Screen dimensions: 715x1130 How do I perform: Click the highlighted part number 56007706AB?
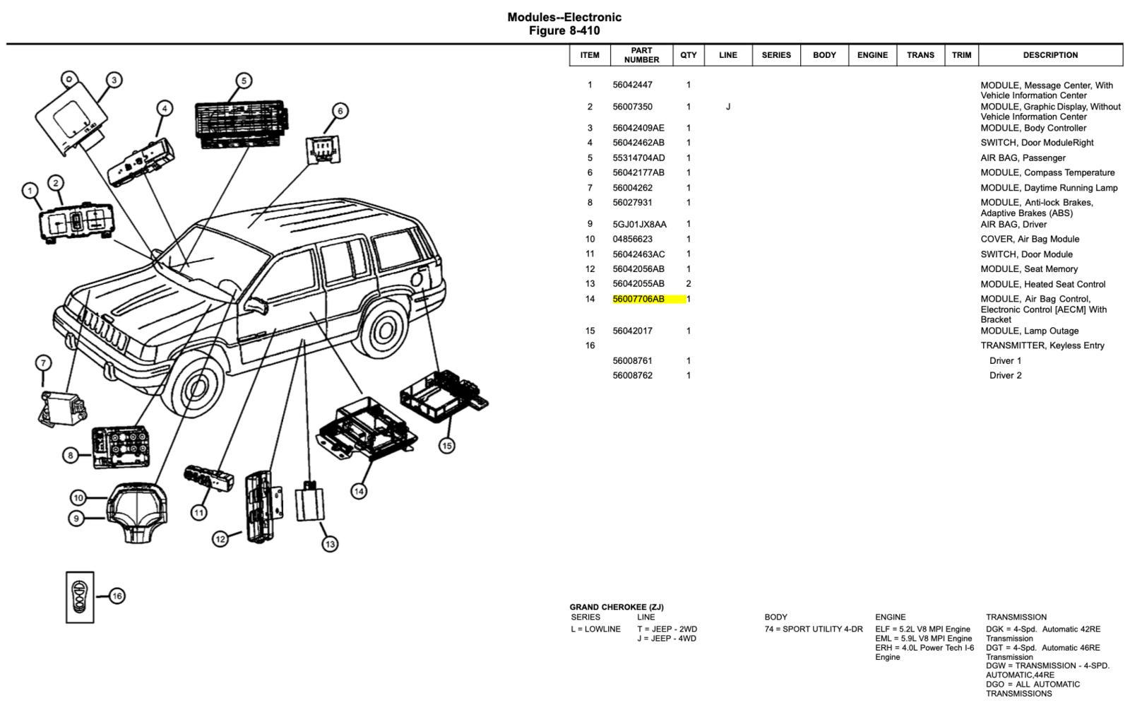pos(638,299)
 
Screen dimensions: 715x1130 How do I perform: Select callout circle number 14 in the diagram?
pos(359,491)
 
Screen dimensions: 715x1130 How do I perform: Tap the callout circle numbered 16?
pos(117,596)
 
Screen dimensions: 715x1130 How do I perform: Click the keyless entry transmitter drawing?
pos(80,597)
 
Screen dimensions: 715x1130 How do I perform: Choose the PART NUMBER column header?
pos(641,55)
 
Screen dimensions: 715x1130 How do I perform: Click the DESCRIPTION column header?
pos(1050,55)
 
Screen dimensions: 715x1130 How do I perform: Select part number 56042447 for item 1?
pos(632,85)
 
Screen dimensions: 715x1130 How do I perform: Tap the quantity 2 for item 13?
pos(689,284)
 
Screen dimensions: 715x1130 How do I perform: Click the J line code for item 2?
pos(728,107)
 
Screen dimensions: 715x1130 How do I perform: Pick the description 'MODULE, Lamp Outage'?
pos(1029,331)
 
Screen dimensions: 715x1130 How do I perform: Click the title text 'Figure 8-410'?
pos(564,31)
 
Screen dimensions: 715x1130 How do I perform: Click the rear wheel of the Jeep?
pos(386,328)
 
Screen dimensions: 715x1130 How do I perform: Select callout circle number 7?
pos(43,363)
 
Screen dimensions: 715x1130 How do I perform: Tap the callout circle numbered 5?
pos(243,81)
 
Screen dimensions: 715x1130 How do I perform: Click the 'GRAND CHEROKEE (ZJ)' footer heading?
pos(617,607)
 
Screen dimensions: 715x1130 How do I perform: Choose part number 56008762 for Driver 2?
pos(632,375)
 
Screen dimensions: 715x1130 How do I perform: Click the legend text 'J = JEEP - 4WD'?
pos(666,639)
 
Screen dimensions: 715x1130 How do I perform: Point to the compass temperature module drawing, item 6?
pos(323,149)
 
